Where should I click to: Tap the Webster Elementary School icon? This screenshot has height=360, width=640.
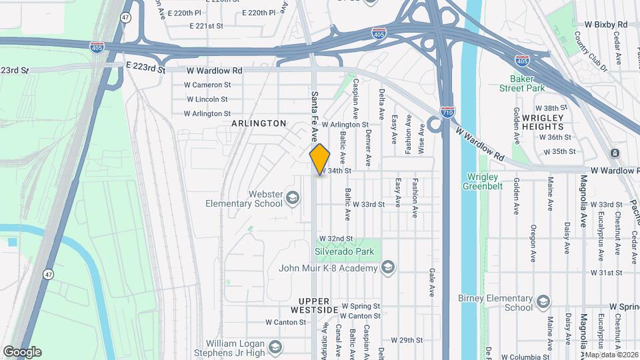click(292, 198)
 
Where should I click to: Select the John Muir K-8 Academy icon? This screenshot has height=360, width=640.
click(387, 268)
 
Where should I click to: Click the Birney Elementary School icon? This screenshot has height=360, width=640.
click(543, 303)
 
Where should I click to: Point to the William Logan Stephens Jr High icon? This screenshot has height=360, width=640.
click(274, 347)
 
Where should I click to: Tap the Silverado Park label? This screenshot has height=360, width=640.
click(345, 252)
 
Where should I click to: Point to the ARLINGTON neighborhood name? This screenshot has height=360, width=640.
click(259, 123)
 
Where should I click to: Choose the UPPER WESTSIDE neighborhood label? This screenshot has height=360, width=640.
click(314, 306)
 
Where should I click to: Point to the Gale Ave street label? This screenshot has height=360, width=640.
click(432, 283)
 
